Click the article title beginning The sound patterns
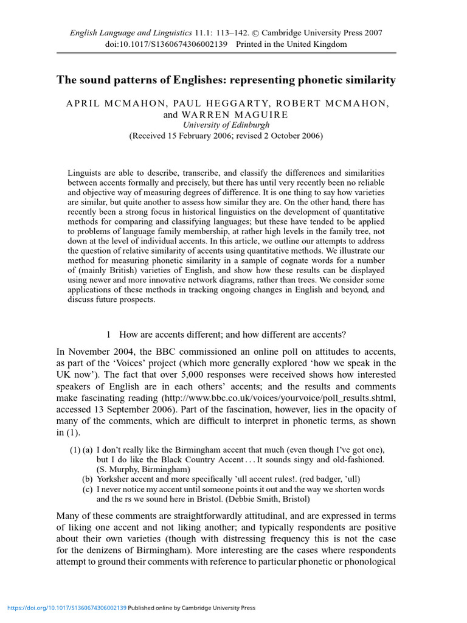226,80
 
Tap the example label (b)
88,479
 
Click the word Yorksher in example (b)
115,479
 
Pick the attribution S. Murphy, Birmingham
144,469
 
